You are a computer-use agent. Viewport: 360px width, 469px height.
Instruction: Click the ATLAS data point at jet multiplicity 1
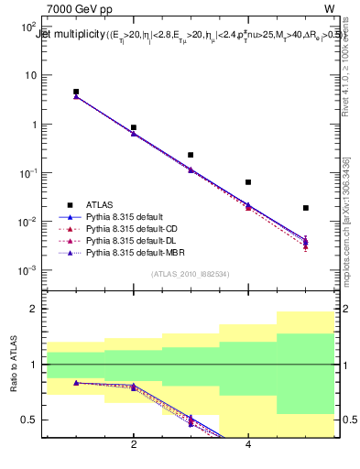click(76, 92)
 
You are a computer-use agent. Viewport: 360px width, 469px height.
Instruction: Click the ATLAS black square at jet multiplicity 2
click(134, 127)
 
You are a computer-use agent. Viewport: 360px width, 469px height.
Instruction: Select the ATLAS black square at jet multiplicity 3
click(191, 155)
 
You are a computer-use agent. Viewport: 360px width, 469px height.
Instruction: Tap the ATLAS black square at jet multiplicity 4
click(248, 182)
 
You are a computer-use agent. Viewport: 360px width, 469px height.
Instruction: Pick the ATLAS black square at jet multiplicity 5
click(306, 208)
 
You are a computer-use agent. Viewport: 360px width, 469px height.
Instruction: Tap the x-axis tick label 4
click(248, 445)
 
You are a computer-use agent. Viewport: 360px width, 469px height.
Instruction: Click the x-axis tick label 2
click(134, 445)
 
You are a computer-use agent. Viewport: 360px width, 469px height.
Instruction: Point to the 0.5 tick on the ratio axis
click(30, 420)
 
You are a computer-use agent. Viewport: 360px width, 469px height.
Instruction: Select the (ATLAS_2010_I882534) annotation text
click(191, 273)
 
